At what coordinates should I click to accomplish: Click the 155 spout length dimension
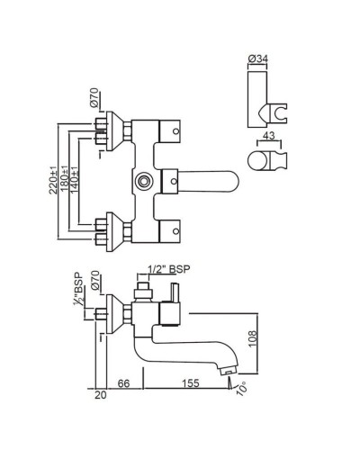click(188, 383)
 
